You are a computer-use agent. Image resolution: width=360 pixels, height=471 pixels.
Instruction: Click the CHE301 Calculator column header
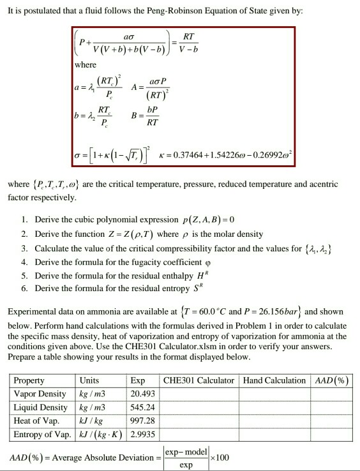click(x=199, y=380)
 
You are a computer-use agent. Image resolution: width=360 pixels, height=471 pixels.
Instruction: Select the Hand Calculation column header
click(x=274, y=380)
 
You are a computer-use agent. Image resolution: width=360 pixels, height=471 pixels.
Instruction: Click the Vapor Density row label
click(x=40, y=394)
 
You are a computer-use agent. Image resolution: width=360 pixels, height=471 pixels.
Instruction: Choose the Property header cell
click(x=29, y=380)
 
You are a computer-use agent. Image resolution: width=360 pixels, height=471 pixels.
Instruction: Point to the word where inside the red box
click(x=85, y=64)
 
